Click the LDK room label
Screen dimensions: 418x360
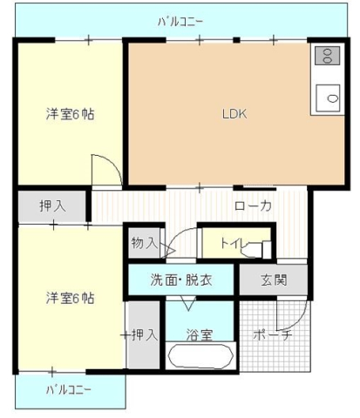coord(234,112)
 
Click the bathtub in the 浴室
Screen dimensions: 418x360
coord(200,357)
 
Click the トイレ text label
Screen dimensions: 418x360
coord(233,245)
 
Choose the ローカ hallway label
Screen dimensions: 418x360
coord(254,206)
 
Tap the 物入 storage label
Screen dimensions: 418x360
coord(143,243)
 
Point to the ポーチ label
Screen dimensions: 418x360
coord(272,334)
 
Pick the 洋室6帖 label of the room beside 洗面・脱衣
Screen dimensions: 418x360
coord(70,299)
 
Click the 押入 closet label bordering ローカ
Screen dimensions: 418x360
coord(52,206)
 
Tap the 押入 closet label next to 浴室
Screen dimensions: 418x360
coord(143,334)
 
